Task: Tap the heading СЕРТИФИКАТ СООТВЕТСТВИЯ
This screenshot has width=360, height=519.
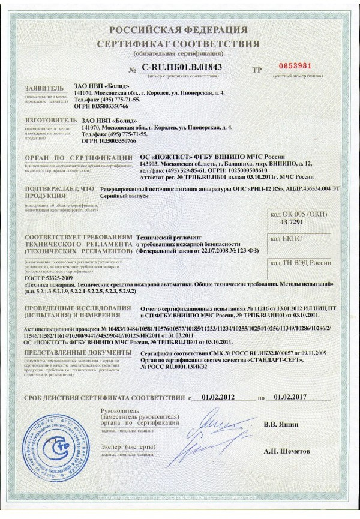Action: click(179, 44)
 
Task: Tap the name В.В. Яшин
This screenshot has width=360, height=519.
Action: click(280, 424)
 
